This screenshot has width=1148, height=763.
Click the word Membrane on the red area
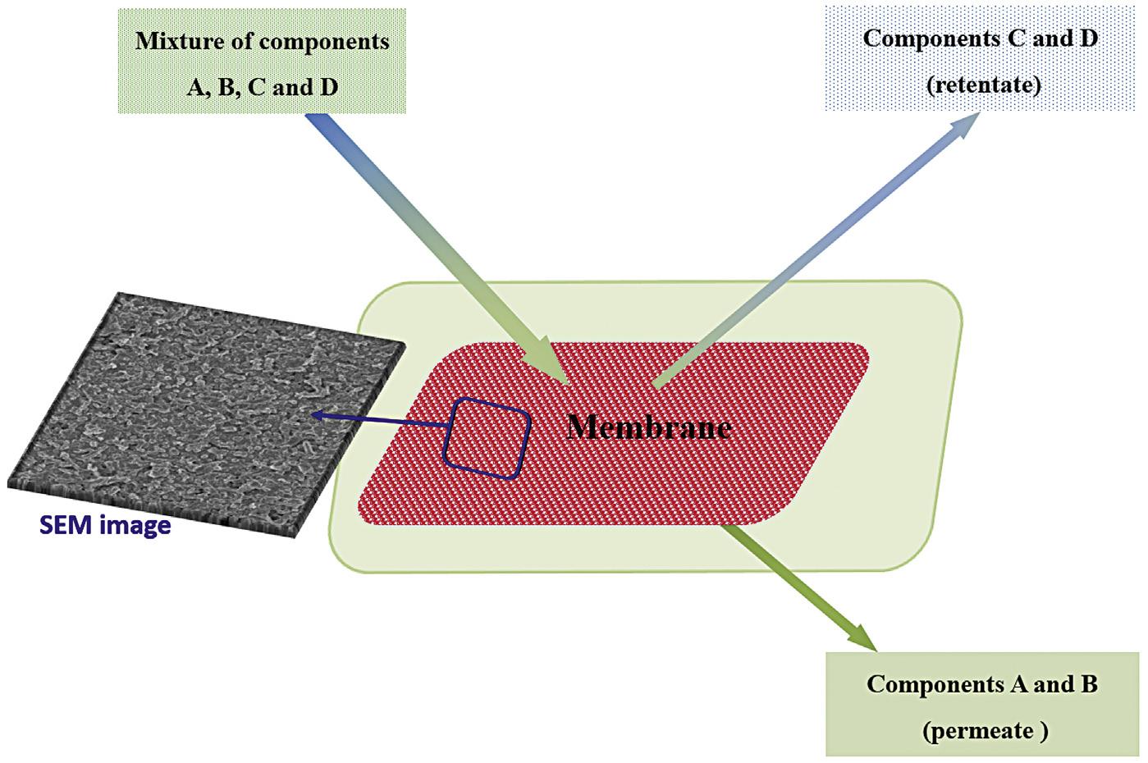click(649, 427)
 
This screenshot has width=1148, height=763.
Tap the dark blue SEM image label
click(105, 525)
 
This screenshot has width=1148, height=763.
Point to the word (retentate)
click(984, 85)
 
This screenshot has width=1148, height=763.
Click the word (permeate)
click(984, 730)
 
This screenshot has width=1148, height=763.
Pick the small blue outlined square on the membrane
click(487, 438)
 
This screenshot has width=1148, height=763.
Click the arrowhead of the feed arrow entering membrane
click(554, 368)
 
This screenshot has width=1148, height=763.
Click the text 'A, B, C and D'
click(263, 87)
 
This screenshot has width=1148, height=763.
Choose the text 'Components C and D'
click(981, 39)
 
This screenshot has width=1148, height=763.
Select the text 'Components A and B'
click(982, 684)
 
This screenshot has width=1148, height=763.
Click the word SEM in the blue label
click(65, 525)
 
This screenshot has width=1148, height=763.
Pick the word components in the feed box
click(326, 41)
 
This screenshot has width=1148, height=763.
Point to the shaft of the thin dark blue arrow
click(386, 422)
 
